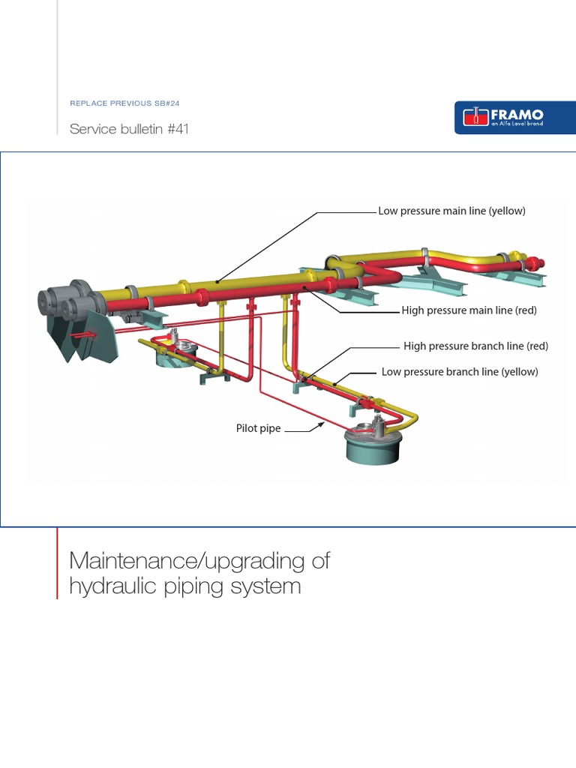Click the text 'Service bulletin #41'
click(x=129, y=129)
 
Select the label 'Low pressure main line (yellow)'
click(x=451, y=211)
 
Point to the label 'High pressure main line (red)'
click(x=469, y=310)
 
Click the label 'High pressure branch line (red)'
click(x=475, y=346)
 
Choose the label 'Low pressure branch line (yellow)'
click(x=460, y=371)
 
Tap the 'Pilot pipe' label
click(x=259, y=429)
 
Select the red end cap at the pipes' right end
click(x=534, y=263)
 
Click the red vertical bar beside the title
click(x=57, y=562)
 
